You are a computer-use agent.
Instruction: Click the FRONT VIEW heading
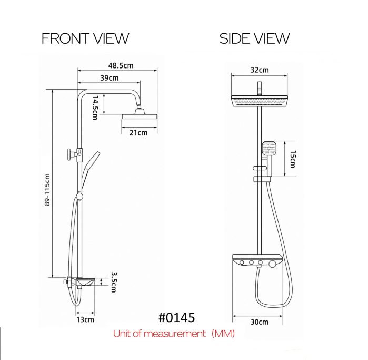[85, 38]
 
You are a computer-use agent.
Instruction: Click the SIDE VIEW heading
[254, 38]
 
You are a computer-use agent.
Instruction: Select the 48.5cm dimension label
[121, 65]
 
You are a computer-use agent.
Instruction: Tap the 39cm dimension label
[110, 78]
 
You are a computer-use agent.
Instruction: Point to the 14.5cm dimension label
[95, 108]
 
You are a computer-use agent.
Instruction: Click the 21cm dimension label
[138, 133]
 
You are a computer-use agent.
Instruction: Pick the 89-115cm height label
[47, 190]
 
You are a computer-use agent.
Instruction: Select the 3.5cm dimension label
[114, 282]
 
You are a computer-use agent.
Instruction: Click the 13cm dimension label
[85, 319]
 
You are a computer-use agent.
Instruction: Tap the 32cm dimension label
[260, 70]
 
